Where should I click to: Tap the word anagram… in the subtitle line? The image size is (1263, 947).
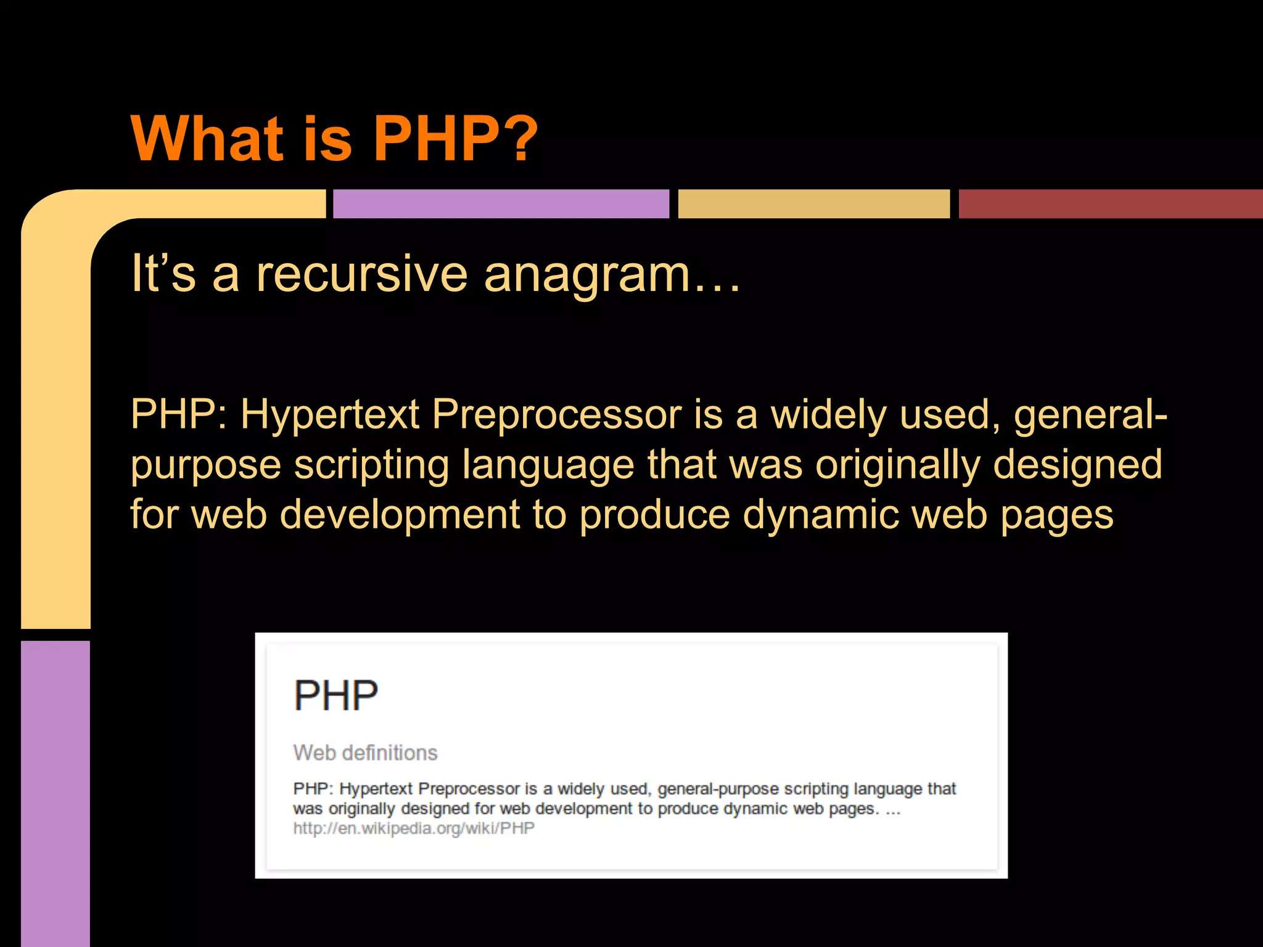(611, 274)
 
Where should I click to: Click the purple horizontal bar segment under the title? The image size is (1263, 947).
(501, 204)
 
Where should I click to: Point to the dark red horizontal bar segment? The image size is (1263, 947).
(1110, 204)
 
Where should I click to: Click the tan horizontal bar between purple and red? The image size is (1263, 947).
(813, 204)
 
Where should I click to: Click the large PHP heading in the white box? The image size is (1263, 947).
(335, 696)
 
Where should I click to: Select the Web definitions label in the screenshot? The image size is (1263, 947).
(365, 753)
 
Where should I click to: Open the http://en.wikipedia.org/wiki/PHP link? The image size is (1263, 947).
(414, 828)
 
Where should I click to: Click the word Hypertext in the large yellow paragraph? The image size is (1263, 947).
(330, 414)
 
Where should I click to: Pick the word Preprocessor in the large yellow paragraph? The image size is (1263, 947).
(556, 414)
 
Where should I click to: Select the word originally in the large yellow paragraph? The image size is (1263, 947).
(897, 464)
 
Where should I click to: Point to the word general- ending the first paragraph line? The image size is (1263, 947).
(1090, 414)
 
